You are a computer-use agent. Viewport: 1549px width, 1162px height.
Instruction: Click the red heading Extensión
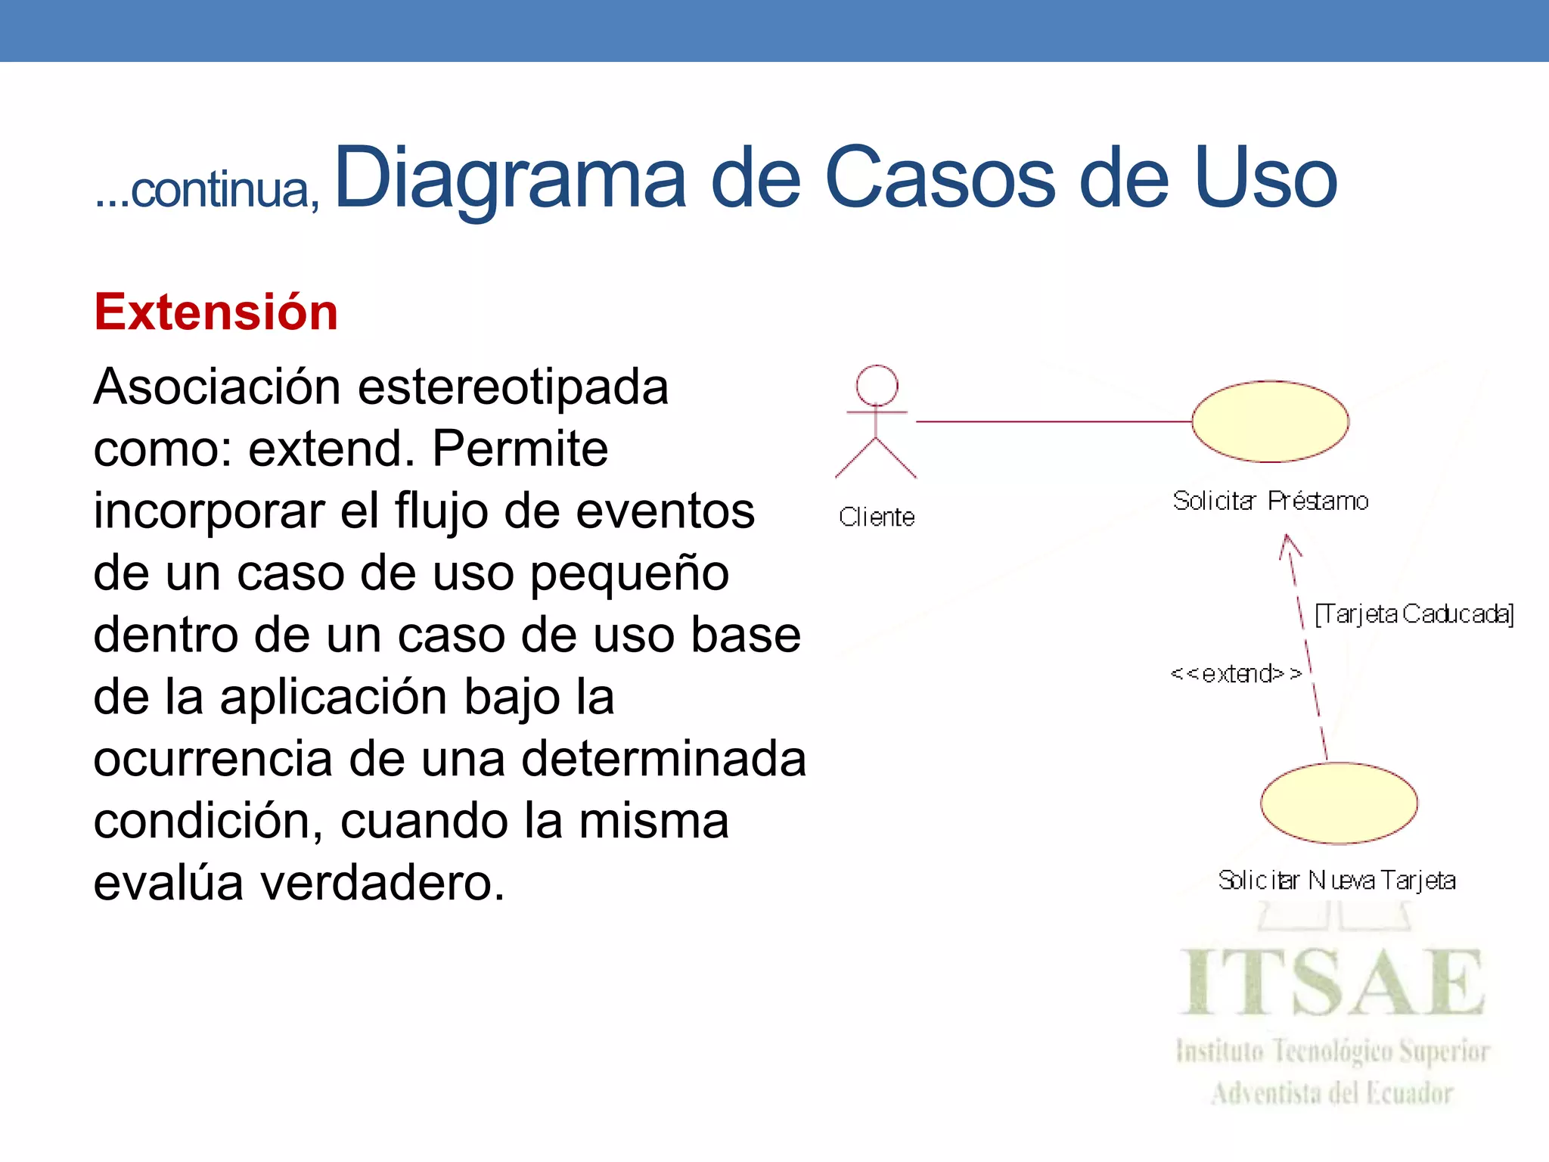click(x=216, y=312)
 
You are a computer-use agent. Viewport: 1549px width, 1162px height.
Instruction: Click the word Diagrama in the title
click(x=510, y=179)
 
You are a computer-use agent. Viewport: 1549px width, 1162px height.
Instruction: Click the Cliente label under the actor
click(x=877, y=517)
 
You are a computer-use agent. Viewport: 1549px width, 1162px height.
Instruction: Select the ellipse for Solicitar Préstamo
click(x=1270, y=421)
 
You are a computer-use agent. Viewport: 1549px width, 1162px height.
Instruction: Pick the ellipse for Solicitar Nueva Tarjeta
click(x=1339, y=803)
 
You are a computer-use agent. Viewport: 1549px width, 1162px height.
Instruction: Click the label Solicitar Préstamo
click(x=1271, y=501)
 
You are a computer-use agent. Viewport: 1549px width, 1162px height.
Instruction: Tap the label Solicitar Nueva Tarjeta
click(x=1336, y=881)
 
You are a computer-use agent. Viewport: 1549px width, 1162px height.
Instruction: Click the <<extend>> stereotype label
click(x=1235, y=673)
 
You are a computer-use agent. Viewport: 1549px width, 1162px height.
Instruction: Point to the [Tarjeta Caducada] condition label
click(x=1414, y=614)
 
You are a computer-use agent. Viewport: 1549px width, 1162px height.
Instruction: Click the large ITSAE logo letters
click(x=1333, y=983)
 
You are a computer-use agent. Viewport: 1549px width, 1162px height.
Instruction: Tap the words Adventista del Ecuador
click(x=1333, y=1093)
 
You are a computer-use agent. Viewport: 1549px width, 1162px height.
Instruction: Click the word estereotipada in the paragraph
click(x=513, y=387)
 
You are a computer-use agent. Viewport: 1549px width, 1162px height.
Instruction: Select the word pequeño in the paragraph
click(x=629, y=573)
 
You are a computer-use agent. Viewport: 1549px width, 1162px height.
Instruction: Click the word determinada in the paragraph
click(x=664, y=759)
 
